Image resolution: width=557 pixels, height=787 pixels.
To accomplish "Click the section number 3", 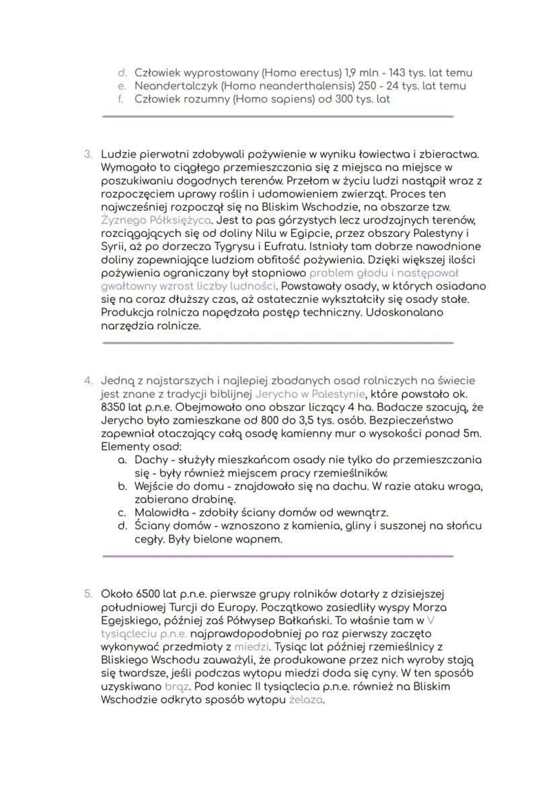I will click(87, 154).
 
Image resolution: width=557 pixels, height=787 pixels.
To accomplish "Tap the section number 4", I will click(87, 381).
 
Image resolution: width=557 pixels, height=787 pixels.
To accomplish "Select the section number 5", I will click(87, 594).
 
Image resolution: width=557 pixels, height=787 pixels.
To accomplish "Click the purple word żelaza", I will click(306, 699).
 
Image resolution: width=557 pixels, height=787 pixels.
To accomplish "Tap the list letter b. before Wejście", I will click(122, 486).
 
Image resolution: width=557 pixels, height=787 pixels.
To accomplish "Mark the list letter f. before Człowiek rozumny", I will click(123, 99).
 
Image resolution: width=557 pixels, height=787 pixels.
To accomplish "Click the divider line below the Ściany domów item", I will click(278, 556).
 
